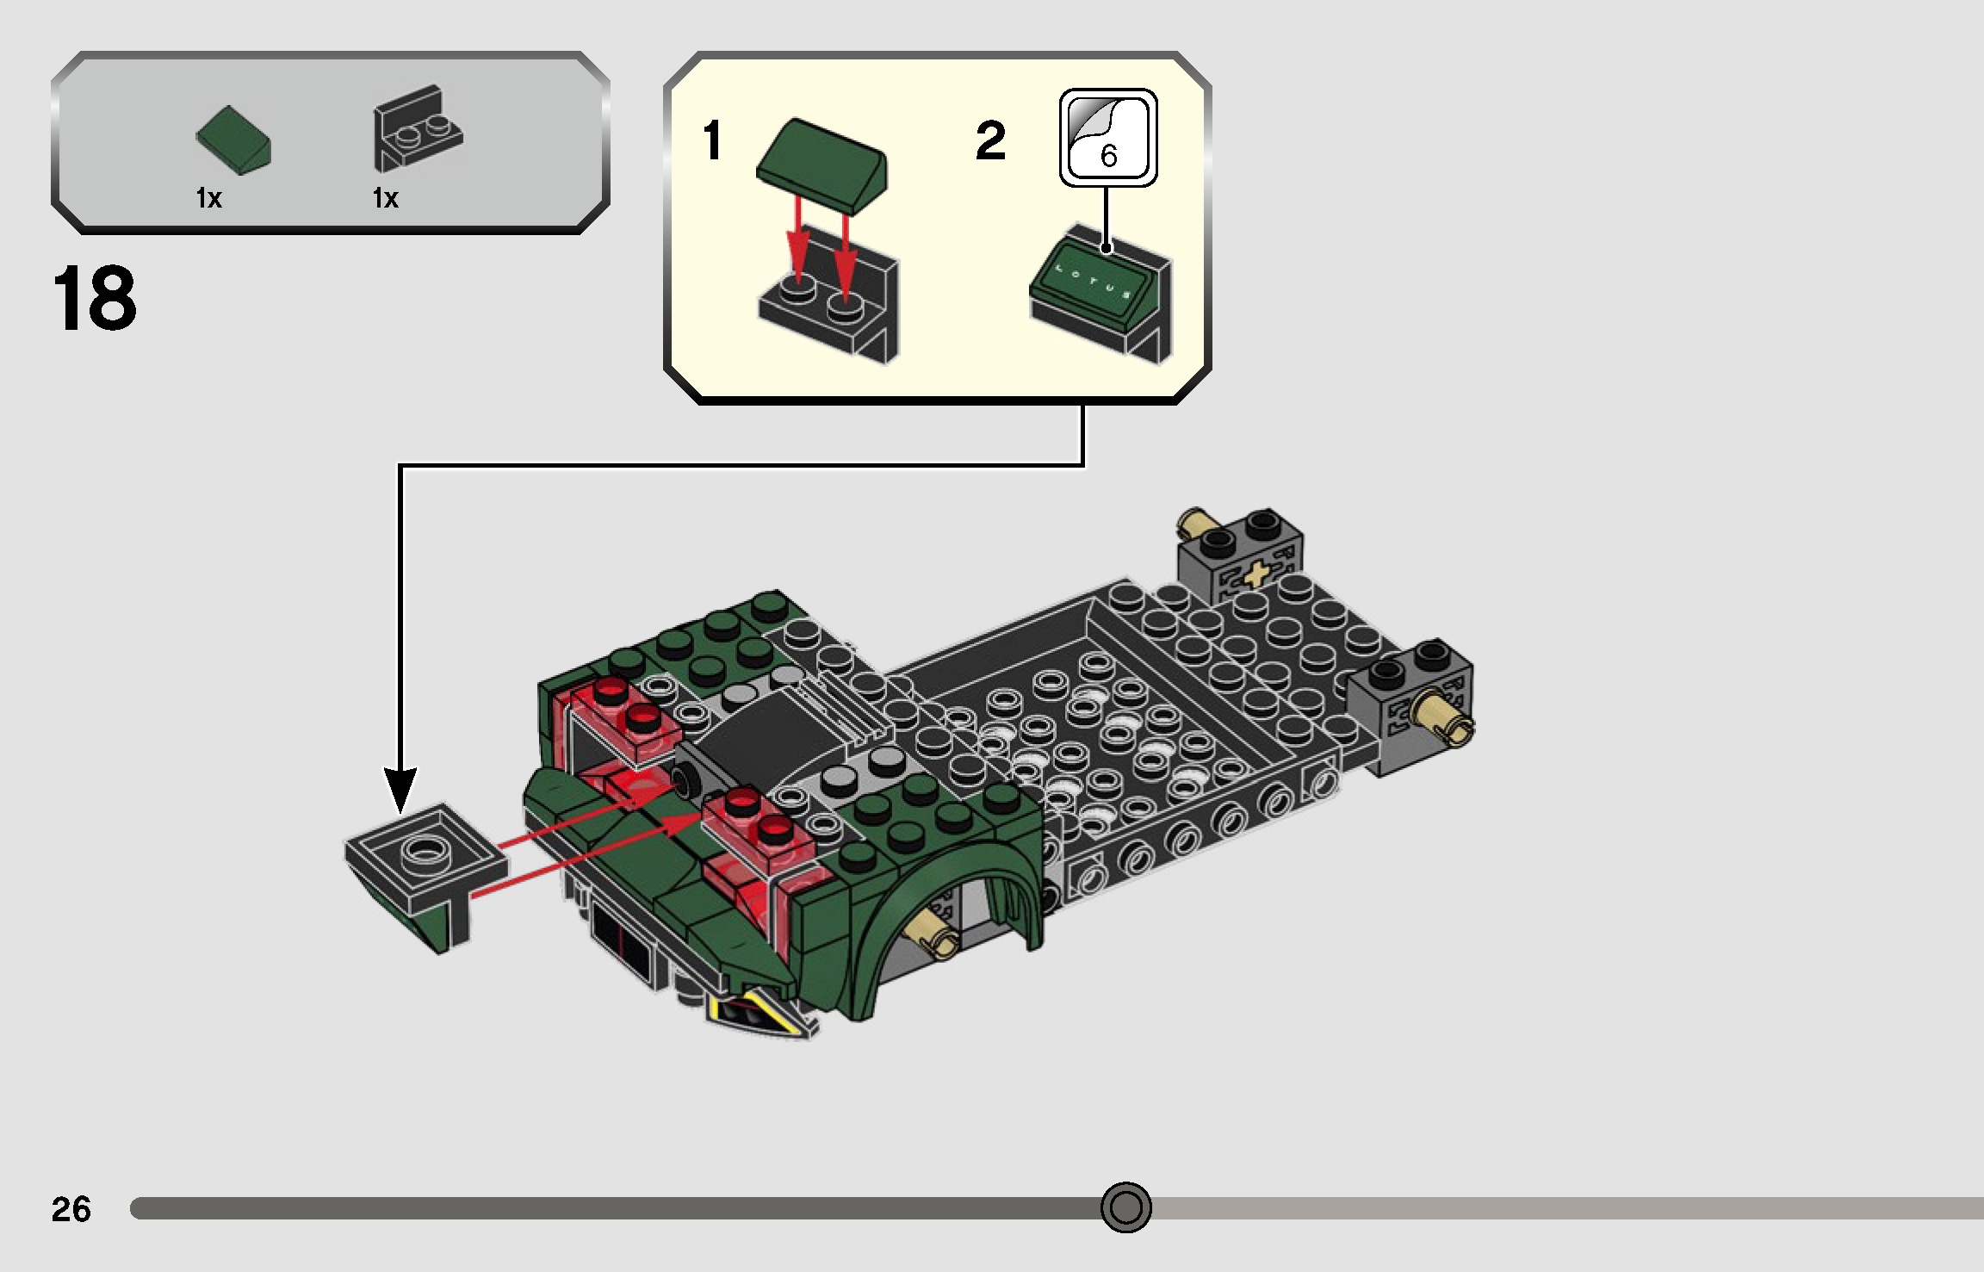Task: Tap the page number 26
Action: tap(71, 1209)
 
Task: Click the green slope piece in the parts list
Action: tap(233, 140)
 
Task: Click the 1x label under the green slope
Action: tap(209, 199)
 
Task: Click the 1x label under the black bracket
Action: tap(385, 199)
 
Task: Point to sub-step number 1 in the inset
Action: tap(712, 140)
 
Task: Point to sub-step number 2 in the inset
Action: tap(990, 140)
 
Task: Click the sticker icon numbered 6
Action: tap(1108, 138)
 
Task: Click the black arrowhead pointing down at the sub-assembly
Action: tap(400, 788)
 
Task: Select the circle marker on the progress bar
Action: tap(1125, 1207)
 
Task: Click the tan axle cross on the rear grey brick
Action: tap(1258, 574)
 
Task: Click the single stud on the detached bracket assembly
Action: tap(422, 851)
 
